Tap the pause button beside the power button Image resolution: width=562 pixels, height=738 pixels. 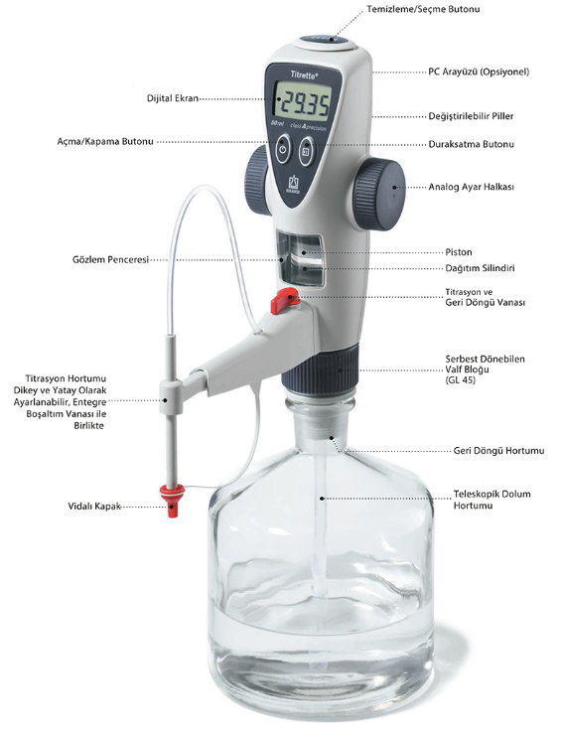click(306, 152)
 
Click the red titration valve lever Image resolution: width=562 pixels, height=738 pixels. click(284, 301)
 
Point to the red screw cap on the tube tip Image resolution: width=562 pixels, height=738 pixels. click(172, 500)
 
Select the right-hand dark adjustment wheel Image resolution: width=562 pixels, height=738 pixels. click(379, 194)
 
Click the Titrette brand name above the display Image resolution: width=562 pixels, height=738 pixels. click(304, 74)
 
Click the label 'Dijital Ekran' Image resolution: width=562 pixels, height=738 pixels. click(172, 99)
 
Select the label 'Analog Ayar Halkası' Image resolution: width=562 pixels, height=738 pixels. click(471, 187)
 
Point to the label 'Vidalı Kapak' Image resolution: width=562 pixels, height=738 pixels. click(94, 507)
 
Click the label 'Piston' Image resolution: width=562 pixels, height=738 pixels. click(459, 252)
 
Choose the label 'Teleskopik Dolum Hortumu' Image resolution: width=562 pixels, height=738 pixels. click(492, 500)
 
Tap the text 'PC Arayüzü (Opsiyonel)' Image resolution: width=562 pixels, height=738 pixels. click(479, 72)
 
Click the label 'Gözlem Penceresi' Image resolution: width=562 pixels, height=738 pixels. click(110, 259)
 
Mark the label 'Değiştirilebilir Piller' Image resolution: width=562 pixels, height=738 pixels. click(471, 116)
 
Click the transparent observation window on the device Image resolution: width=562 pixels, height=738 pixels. click(300, 258)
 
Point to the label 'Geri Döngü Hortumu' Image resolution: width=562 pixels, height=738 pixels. click(498, 451)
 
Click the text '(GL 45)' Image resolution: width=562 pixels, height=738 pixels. click(461, 379)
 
